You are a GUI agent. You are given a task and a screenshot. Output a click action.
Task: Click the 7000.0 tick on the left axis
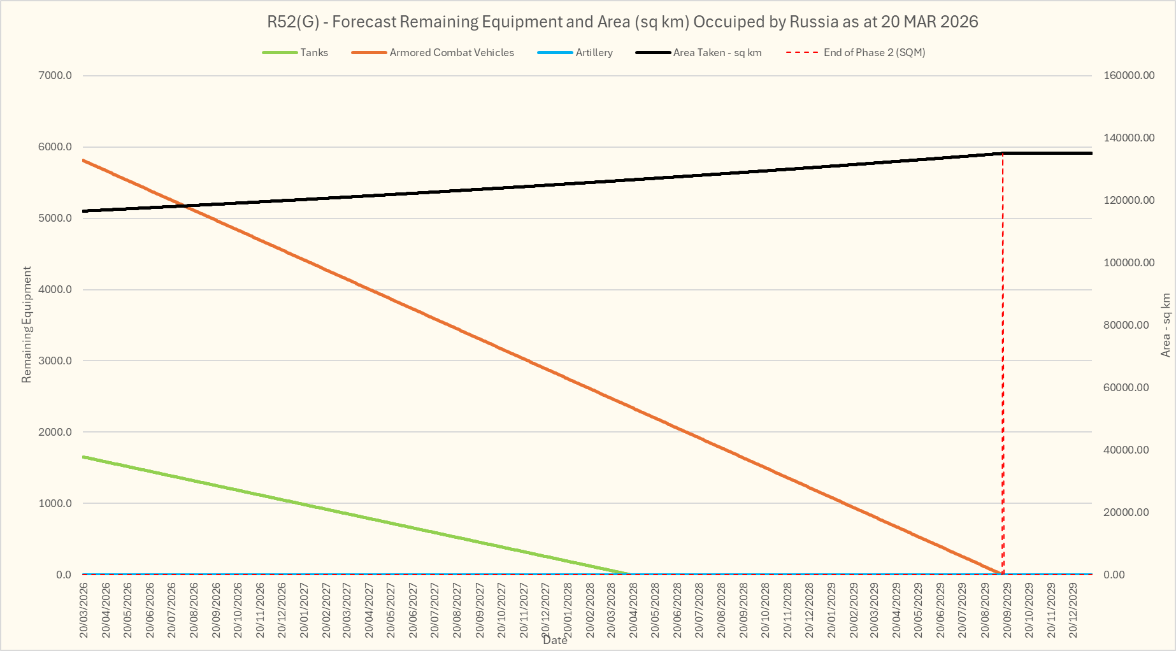55,76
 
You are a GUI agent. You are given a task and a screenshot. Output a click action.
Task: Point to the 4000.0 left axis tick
55,290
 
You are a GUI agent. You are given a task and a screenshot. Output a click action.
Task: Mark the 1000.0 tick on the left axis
55,503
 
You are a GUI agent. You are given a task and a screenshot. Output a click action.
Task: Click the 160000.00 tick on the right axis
1129,76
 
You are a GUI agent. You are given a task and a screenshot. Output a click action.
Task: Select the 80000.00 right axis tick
1126,325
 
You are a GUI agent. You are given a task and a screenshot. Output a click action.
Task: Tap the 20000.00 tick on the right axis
1126,512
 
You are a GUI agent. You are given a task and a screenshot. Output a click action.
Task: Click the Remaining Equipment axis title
26,325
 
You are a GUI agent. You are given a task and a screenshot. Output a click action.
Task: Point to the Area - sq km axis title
1166,325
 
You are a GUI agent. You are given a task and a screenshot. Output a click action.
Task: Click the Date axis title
555,641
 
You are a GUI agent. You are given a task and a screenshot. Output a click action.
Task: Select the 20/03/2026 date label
84,610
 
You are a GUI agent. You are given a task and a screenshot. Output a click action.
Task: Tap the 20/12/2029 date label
1073,610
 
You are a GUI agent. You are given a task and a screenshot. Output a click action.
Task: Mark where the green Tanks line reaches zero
631,574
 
